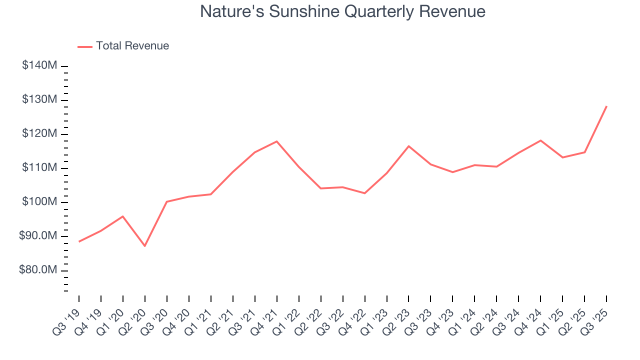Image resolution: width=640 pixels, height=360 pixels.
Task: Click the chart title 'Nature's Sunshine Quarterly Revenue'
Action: (342, 11)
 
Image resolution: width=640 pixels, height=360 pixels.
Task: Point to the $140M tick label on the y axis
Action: (39, 66)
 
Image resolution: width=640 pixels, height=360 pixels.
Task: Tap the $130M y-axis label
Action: (39, 100)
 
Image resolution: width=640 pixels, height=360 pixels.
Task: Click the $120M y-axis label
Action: (39, 134)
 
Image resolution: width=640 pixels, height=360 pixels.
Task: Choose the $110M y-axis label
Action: (39, 168)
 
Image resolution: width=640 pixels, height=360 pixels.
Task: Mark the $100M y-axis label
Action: (39, 202)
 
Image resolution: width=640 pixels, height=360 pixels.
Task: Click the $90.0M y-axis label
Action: (38, 236)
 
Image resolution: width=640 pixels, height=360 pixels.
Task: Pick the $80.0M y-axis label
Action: (38, 270)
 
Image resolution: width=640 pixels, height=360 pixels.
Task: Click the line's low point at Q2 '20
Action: (145, 246)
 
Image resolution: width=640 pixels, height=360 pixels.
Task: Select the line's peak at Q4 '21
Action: (277, 141)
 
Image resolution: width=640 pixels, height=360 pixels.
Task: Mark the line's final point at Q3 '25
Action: (606, 106)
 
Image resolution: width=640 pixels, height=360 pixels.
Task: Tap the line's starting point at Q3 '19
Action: (79, 241)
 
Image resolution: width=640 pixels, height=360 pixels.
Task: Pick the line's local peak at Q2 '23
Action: (409, 146)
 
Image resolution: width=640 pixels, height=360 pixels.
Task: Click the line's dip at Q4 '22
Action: (365, 193)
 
